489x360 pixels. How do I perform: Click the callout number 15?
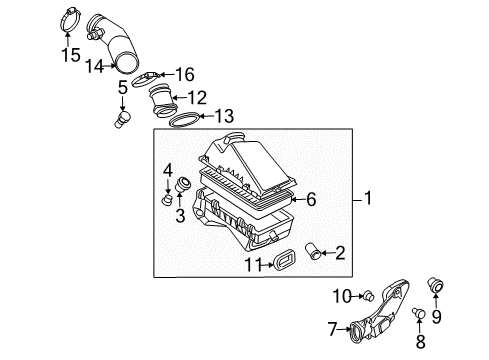coord(71,55)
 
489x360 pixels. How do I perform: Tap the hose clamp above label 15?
coord(70,20)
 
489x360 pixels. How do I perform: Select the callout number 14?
coord(95,66)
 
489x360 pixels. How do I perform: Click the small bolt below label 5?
coord(122,120)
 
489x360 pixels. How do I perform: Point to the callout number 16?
coord(185,74)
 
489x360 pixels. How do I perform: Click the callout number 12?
coord(198,98)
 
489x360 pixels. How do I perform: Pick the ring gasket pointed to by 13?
coord(185,120)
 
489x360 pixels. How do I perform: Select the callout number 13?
coord(224,116)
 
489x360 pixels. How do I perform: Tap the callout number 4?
coord(168,171)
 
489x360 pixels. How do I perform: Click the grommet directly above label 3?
coord(182,185)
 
